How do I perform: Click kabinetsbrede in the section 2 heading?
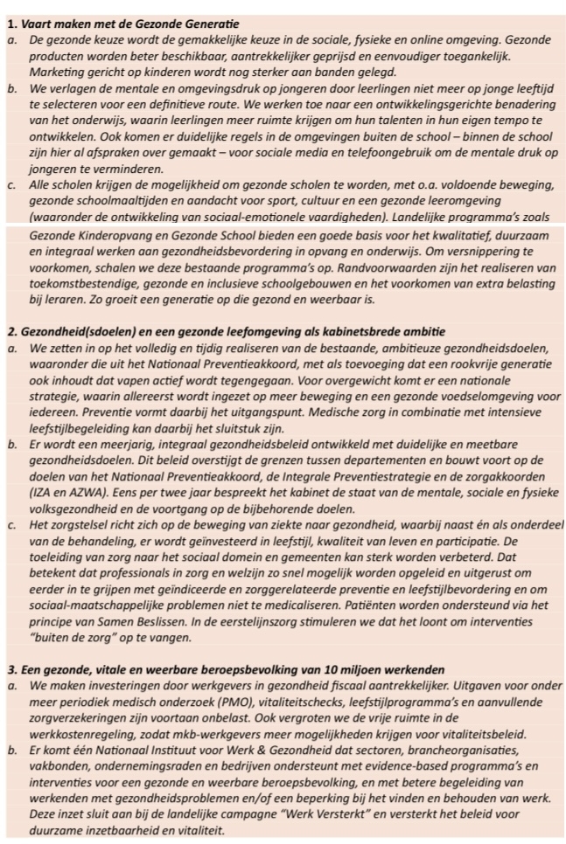(349, 331)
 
